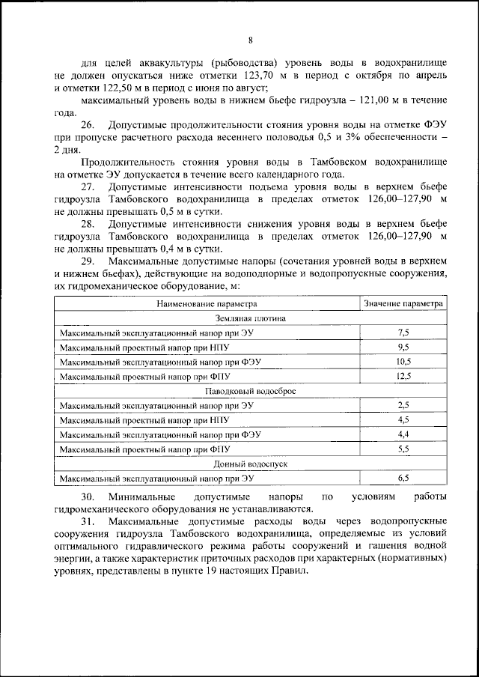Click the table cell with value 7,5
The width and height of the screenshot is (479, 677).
click(403, 332)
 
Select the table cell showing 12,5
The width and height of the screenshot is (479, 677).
click(403, 376)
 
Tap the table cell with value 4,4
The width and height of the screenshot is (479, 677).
click(403, 434)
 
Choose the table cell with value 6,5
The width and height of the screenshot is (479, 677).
click(403, 478)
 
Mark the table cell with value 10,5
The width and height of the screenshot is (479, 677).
click(403, 361)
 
